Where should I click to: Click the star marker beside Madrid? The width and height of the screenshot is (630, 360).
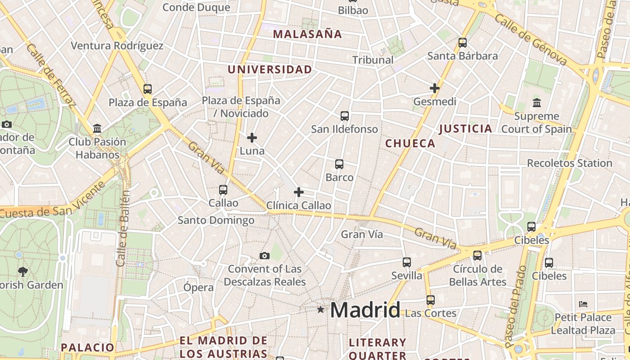tap(320, 310)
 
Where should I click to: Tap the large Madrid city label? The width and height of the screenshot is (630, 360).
tap(365, 310)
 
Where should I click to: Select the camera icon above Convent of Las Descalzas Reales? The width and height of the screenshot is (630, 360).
tap(265, 256)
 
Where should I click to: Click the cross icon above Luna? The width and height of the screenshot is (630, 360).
tap(252, 137)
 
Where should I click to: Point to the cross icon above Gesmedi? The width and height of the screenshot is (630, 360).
tap(434, 88)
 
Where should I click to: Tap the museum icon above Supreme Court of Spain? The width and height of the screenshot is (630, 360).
tap(536, 103)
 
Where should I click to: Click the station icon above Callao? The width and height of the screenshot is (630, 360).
tap(223, 190)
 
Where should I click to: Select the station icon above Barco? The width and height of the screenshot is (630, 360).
tap(339, 164)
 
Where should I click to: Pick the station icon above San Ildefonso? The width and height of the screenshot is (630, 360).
tap(345, 116)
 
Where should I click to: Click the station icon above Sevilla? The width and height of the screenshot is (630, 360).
tap(407, 262)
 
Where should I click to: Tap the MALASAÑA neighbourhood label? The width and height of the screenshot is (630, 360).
tap(307, 34)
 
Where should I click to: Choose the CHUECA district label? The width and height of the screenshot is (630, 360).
tap(410, 144)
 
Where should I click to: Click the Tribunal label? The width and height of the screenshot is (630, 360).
tap(373, 60)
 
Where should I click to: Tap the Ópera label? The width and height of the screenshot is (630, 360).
tap(198, 287)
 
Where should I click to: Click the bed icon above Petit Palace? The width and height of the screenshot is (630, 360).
tap(584, 304)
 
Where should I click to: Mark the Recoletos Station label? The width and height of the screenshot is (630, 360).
tap(570, 163)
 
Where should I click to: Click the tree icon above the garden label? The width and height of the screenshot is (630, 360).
tap(23, 271)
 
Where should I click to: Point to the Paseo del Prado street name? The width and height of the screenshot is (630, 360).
tap(516, 306)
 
